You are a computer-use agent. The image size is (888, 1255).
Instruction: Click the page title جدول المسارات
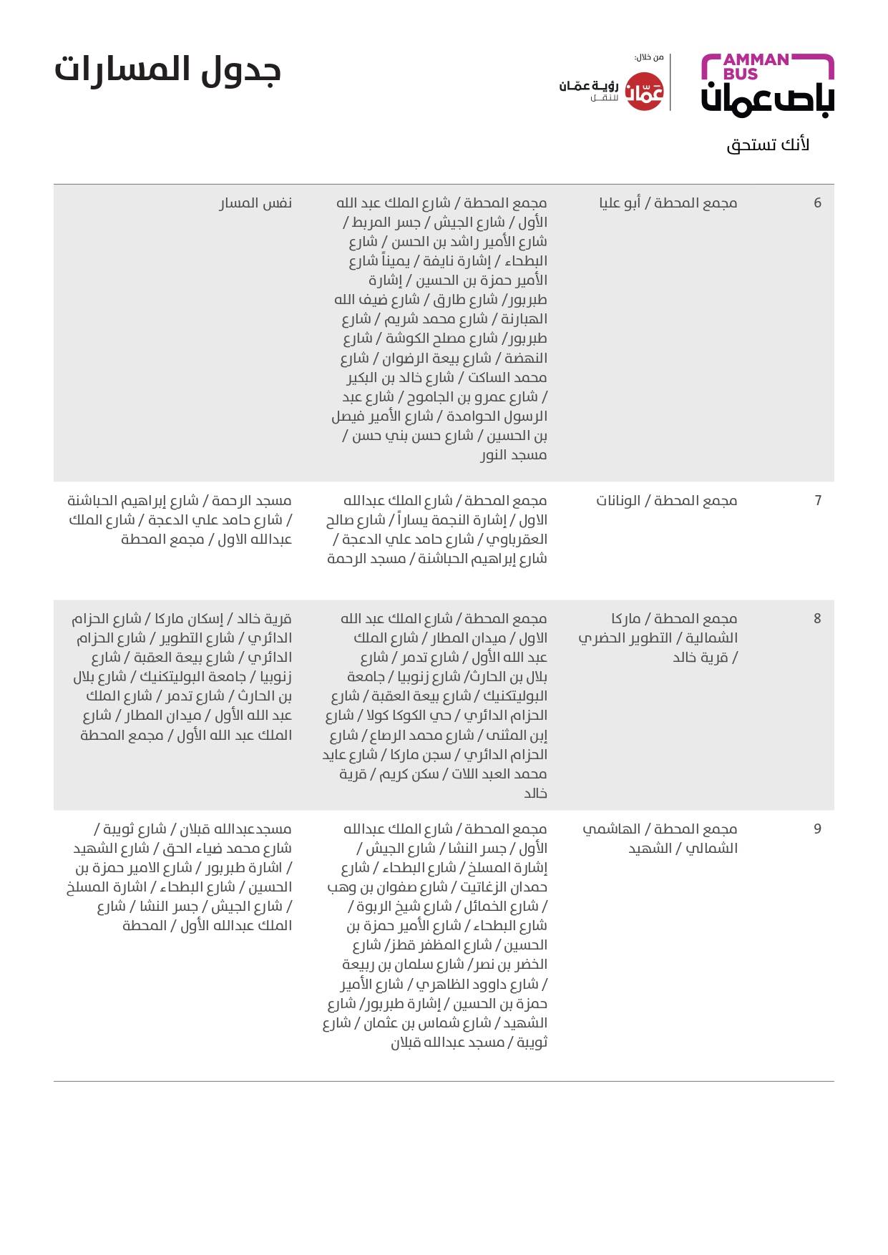point(167,70)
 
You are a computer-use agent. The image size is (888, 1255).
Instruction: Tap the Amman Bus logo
point(767,85)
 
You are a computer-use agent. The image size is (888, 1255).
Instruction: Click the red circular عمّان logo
point(645,92)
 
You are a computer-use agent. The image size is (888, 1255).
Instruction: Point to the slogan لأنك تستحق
point(768,145)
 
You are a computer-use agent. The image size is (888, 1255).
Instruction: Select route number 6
point(817,203)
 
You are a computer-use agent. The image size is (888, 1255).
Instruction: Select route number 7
point(818,501)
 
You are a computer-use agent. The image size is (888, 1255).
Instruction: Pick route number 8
point(817,619)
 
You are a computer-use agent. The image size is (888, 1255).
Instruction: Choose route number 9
point(817,829)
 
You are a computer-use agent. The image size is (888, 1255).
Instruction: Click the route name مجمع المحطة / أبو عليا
point(668,203)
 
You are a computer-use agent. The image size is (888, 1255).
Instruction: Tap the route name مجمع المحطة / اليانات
point(667,501)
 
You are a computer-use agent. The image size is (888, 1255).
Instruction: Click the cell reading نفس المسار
point(255,203)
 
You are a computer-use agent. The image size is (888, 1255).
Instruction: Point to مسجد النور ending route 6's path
point(513,455)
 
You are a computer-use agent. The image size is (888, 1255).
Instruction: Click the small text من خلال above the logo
point(649,57)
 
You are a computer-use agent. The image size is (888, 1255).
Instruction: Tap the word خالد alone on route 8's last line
point(535,793)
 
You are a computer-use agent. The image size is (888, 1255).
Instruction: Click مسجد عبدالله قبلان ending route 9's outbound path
point(469,1042)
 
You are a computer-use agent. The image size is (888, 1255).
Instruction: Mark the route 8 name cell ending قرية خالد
point(658,638)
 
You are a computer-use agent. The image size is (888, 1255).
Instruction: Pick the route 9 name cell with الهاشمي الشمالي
point(660,839)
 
